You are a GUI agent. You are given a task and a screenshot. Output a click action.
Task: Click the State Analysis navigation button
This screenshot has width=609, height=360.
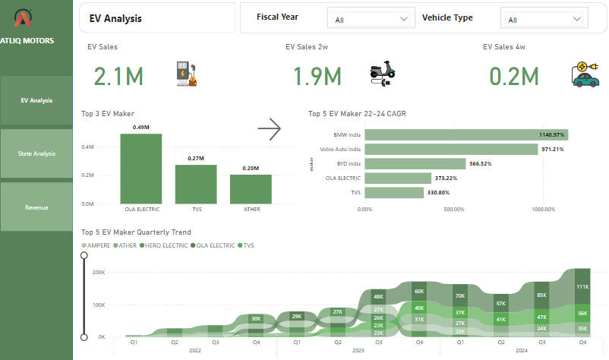click(36, 153)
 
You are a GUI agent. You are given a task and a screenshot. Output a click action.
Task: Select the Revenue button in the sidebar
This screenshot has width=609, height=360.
click(36, 207)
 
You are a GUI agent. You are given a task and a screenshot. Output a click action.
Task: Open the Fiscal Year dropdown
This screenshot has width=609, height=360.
click(371, 19)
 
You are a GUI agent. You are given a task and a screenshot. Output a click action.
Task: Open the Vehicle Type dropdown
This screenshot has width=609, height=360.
click(544, 19)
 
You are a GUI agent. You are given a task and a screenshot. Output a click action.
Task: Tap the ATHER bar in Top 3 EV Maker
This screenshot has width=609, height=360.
click(251, 189)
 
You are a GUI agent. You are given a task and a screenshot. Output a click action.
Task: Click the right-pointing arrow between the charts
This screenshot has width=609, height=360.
click(270, 130)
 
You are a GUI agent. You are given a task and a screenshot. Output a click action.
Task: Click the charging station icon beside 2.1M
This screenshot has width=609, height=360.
click(187, 74)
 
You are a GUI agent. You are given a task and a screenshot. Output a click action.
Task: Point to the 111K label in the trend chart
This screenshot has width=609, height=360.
click(582, 287)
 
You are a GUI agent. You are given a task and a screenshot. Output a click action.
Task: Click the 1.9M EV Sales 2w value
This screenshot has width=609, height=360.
click(317, 76)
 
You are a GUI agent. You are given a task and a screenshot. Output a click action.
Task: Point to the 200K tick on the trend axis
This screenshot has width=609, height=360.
click(99, 272)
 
